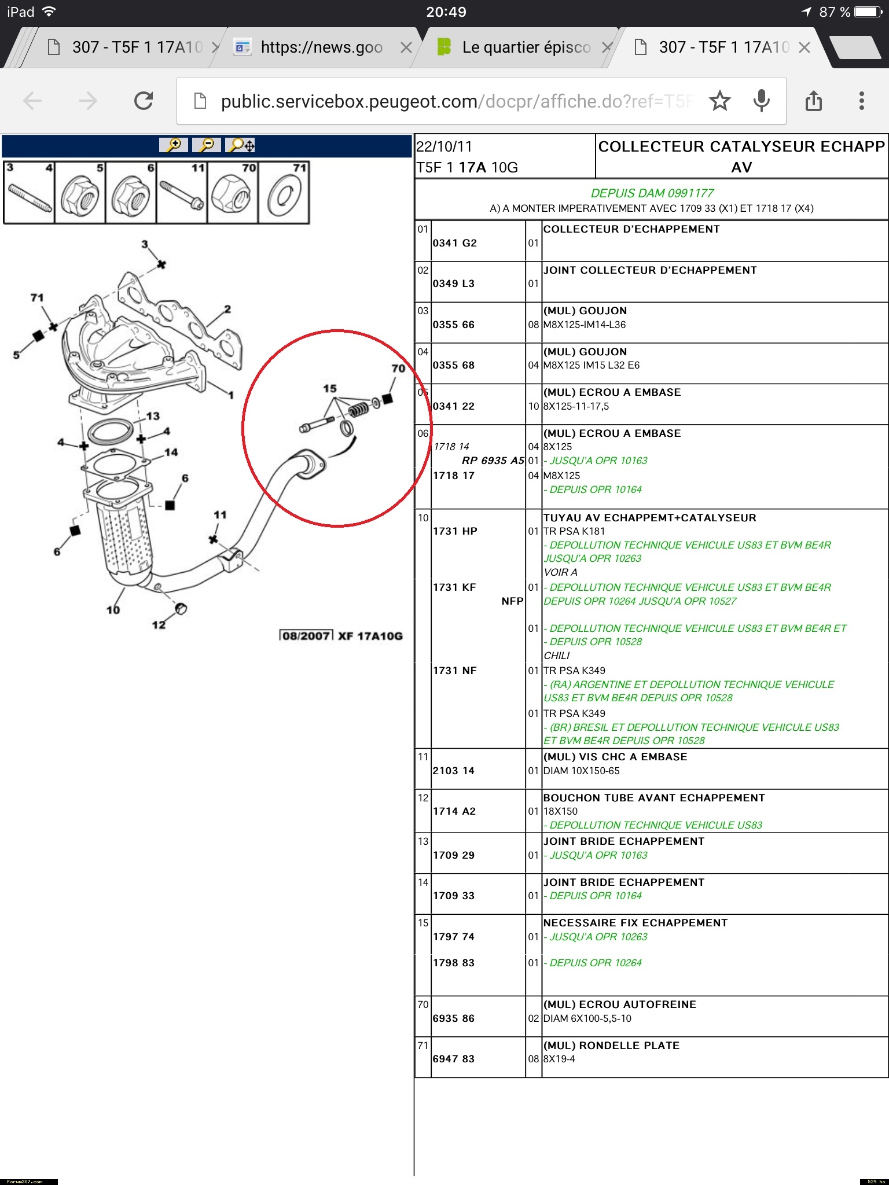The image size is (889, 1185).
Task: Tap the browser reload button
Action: tap(144, 101)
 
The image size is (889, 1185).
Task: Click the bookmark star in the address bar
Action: tap(719, 101)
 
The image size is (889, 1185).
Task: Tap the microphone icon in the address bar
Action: tap(762, 101)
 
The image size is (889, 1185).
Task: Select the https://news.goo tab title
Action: tap(321, 47)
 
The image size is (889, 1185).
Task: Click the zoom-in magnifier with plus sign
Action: tap(174, 145)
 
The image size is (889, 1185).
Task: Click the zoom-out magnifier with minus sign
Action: tap(207, 145)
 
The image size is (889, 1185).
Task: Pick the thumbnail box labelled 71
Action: tap(284, 193)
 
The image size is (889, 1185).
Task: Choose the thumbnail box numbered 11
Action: tap(182, 193)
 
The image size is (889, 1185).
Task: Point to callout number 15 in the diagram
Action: tap(330, 388)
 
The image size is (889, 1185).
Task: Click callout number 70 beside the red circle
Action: tap(398, 369)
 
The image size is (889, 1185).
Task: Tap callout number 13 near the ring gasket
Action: tap(153, 416)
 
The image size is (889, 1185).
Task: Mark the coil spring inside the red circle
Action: tap(358, 410)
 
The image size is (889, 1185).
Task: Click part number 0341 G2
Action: tap(454, 243)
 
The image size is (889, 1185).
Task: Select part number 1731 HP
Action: tap(455, 531)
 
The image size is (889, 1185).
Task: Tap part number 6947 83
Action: tap(453, 1059)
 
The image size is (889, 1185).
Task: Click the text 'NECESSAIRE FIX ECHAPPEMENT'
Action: tap(635, 923)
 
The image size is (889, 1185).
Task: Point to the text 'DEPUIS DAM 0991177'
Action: tap(652, 193)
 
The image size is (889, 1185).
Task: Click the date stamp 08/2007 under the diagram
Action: tap(306, 636)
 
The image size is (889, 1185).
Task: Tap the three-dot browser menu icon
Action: tap(861, 101)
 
